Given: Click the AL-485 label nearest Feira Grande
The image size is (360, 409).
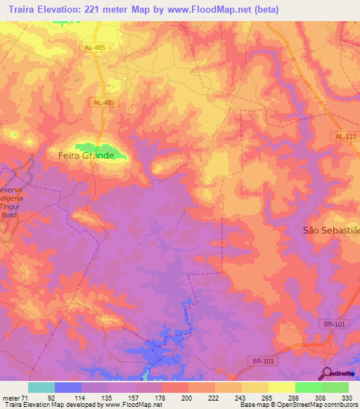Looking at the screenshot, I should pos(103,102).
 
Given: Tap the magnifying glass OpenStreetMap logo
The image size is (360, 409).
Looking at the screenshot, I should pos(326,372).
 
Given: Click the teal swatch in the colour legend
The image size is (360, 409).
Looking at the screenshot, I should pos(41,387).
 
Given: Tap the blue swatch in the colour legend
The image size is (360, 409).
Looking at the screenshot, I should pos(68,387).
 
